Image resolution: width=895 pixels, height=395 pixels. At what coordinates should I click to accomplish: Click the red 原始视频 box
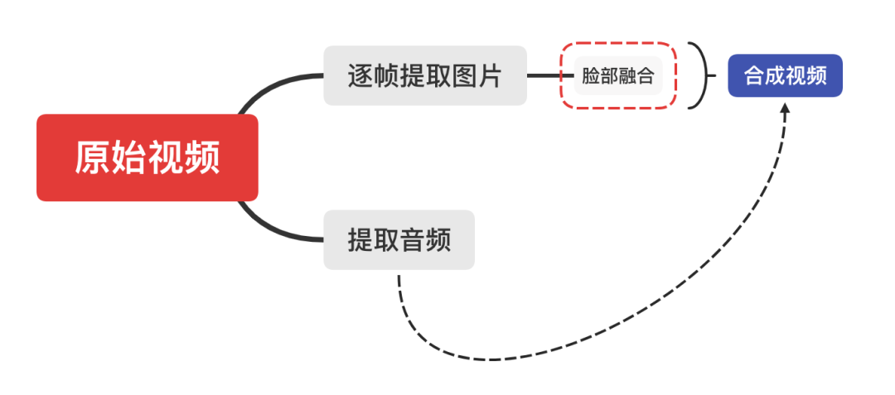point(148,157)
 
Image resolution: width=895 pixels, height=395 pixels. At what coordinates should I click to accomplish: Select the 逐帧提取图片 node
point(424,75)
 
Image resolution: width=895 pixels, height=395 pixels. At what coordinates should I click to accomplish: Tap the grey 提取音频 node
point(399,239)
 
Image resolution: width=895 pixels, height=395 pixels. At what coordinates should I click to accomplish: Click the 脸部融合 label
point(618,76)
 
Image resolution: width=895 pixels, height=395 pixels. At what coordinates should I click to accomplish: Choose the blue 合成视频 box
point(785,75)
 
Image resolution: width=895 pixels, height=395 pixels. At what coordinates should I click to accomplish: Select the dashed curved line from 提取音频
point(497,359)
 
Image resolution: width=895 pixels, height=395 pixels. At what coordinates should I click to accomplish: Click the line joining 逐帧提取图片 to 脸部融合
point(544,75)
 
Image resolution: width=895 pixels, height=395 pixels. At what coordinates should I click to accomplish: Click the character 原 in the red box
point(93,157)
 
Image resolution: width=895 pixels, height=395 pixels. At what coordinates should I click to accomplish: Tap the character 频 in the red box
point(202,157)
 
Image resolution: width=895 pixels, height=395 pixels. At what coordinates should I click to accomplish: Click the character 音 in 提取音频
point(412,240)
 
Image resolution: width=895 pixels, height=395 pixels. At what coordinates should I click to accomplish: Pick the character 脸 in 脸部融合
point(591,77)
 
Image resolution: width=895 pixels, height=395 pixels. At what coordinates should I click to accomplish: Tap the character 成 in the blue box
point(774,76)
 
